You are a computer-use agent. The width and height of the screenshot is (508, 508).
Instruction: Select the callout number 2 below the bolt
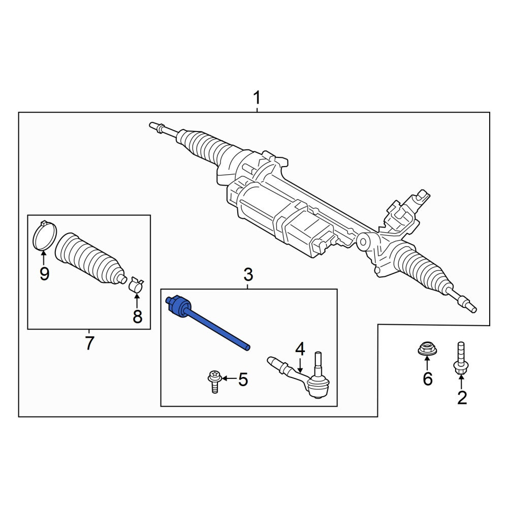(x=462, y=398)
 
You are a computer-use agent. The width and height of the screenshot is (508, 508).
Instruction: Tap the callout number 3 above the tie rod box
(x=248, y=275)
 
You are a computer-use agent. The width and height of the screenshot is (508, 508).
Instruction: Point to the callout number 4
(x=300, y=350)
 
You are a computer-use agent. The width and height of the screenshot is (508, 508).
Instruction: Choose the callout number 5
(x=243, y=379)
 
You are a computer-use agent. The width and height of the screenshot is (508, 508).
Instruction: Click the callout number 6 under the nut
(x=428, y=379)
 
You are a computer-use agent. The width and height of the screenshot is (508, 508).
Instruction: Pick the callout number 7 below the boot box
(x=89, y=343)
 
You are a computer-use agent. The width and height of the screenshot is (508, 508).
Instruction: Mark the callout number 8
(x=137, y=316)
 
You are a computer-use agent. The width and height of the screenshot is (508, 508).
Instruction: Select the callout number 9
(x=44, y=274)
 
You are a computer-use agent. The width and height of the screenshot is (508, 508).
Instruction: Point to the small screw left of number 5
(x=214, y=382)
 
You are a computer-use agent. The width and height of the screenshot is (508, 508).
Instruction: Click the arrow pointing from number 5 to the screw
(x=230, y=378)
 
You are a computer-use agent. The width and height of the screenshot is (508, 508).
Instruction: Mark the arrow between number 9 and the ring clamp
(x=43, y=257)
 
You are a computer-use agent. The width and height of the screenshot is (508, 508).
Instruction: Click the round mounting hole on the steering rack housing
(x=363, y=242)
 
